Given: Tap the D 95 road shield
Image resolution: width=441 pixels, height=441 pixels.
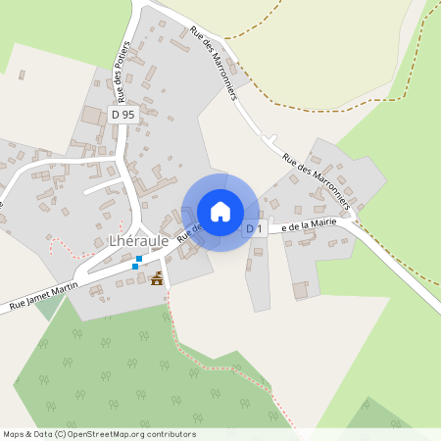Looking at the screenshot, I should [122, 115].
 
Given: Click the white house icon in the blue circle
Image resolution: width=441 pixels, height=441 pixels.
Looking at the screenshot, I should [220, 212].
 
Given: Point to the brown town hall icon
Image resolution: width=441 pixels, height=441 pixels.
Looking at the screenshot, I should [156, 278].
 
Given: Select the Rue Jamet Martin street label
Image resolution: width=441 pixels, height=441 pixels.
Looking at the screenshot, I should [45, 297].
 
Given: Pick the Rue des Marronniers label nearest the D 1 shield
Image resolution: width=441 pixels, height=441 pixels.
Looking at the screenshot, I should [316, 182].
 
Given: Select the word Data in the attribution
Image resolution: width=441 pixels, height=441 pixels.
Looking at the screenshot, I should [44, 434].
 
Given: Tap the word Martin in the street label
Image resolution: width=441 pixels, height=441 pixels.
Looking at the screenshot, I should [67, 291].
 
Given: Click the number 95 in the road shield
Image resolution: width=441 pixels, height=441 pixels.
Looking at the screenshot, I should [128, 115].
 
